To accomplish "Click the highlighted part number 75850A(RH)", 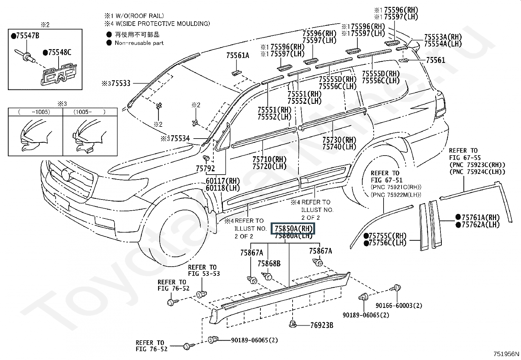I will (x=293, y=228).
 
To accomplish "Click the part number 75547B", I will (x=27, y=36).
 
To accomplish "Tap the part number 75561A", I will (x=238, y=56).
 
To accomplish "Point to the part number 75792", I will (x=205, y=169).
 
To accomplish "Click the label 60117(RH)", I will (x=223, y=181).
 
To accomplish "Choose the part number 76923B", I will (x=322, y=325).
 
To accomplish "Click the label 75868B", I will (x=269, y=263).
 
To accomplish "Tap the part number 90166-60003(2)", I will (x=399, y=306).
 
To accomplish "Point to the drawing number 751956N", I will (x=506, y=354).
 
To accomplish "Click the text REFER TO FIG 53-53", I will (x=204, y=270).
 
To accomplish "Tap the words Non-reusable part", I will (x=139, y=43).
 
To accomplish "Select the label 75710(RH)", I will (x=269, y=159).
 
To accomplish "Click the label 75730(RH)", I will (x=339, y=140).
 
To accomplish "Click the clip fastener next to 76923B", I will (x=292, y=324).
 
